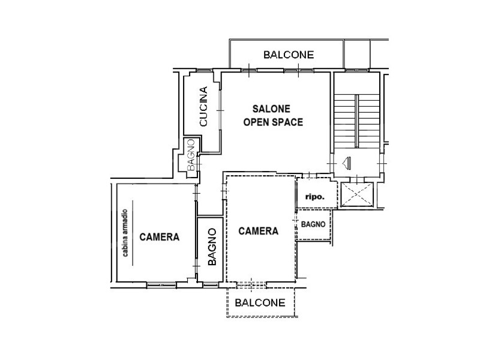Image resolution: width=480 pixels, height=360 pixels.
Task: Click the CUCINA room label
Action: [x=203, y=106]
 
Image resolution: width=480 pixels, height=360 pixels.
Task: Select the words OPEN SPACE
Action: [x=273, y=122]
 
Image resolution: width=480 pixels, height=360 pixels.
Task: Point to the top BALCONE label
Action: [x=289, y=55]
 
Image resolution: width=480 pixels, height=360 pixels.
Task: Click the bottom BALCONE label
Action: [x=260, y=303]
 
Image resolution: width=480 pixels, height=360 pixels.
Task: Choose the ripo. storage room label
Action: [x=314, y=197]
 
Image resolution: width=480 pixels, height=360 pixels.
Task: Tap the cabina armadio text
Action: [x=125, y=233]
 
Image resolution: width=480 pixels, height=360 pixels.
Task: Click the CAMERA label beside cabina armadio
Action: [x=159, y=237]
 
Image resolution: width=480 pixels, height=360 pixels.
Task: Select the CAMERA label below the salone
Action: [x=259, y=231]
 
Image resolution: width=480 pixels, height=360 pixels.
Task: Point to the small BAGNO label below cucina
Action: [x=191, y=155]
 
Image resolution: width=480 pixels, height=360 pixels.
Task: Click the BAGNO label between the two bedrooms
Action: [x=212, y=247]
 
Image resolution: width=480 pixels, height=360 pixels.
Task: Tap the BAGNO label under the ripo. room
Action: [x=313, y=224]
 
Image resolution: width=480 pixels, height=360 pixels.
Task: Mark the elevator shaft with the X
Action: [x=357, y=194]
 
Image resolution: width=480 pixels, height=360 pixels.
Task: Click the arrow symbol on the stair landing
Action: [x=347, y=163]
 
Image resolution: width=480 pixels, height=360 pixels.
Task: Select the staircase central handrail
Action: [x=356, y=121]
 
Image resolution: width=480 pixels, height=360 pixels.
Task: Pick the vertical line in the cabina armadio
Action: [x=133, y=233]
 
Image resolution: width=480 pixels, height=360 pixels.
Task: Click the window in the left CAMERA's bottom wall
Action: [x=161, y=285]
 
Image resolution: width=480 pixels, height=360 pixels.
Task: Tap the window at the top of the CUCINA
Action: [x=205, y=71]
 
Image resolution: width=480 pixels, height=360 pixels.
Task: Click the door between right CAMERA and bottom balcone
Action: [x=251, y=285]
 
